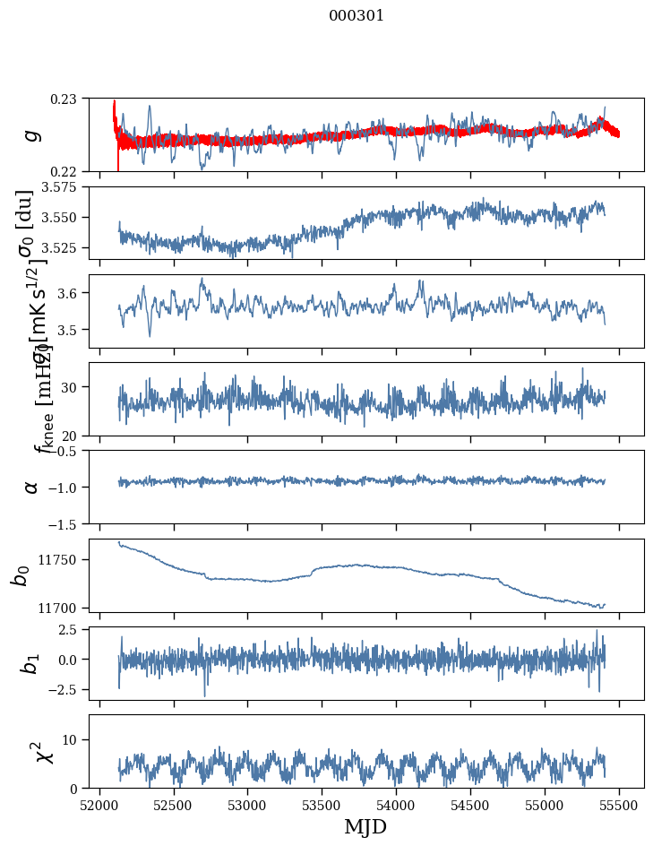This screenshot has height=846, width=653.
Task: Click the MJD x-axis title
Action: click(365, 827)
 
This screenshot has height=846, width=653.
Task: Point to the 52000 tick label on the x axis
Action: click(99, 806)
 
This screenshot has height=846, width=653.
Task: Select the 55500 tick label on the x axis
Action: click(620, 806)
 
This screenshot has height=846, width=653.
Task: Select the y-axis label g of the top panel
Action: click(32, 134)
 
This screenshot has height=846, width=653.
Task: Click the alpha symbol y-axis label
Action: click(32, 487)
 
